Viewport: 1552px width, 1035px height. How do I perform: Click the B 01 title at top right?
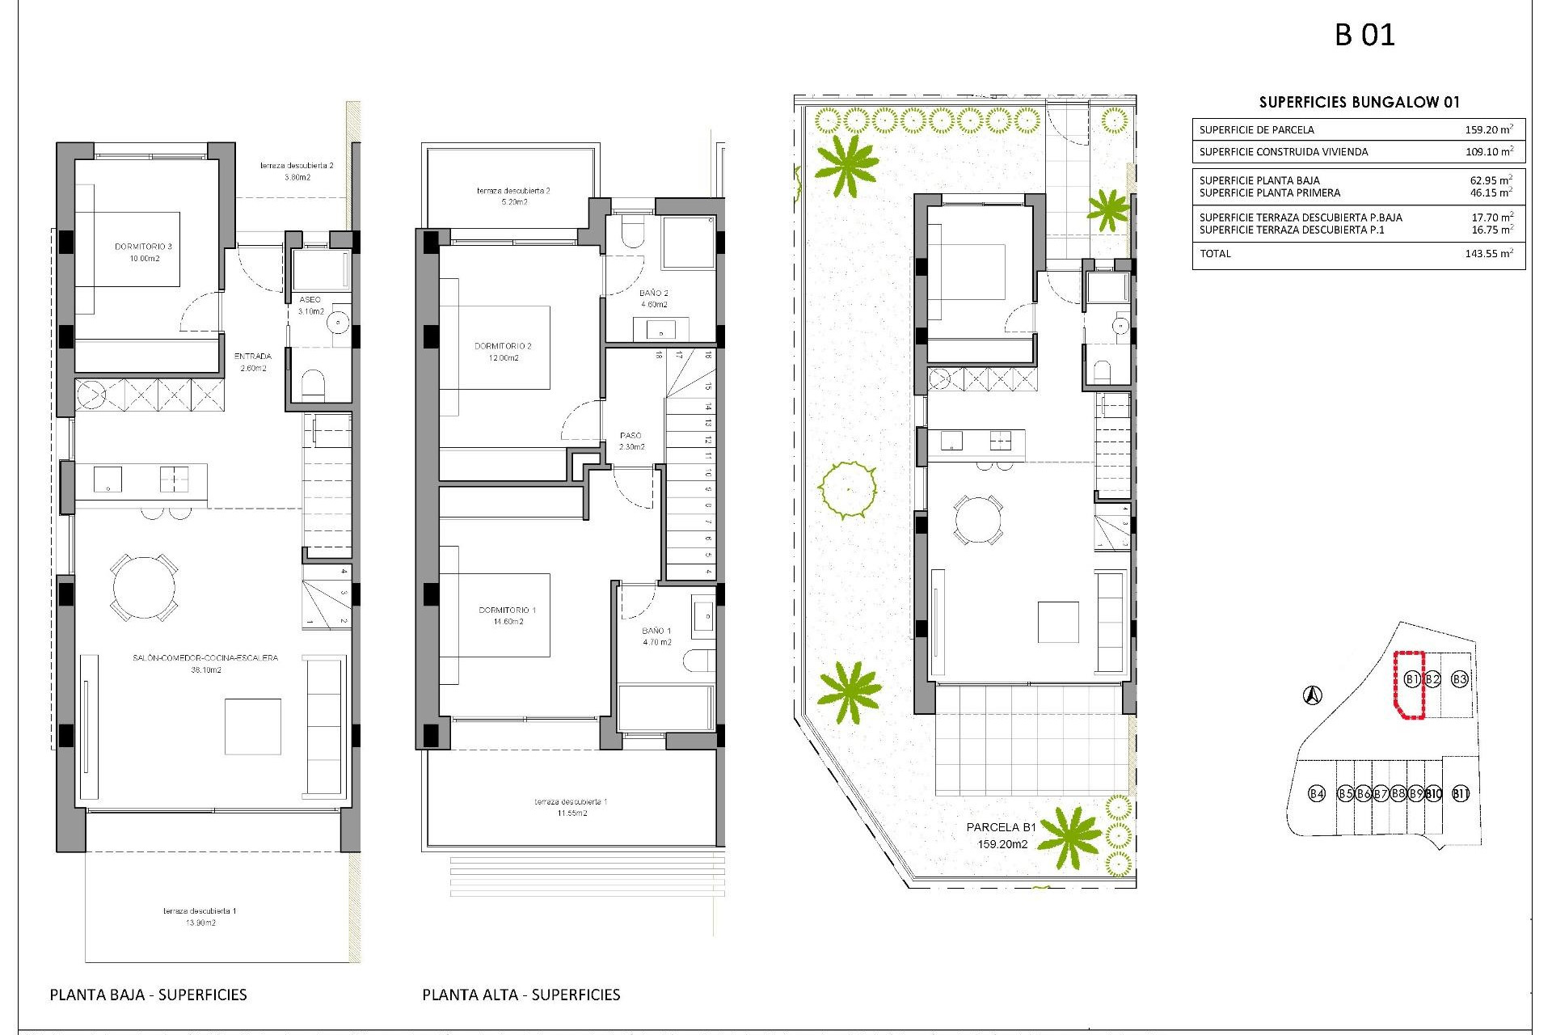pos(1364,36)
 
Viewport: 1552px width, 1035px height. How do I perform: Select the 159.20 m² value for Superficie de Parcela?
pos(1488,129)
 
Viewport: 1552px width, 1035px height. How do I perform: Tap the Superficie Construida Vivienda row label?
pos(1284,152)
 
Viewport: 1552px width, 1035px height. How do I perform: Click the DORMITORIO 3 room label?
pos(143,247)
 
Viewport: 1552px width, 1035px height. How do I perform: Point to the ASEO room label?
pos(310,300)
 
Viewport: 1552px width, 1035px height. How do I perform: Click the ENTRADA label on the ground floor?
pos(253,357)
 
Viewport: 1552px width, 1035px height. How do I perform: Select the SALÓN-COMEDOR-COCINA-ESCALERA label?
pos(205,658)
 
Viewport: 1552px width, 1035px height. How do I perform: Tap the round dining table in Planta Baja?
pos(144,587)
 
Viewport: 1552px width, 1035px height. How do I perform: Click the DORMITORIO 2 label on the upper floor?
pos(503,346)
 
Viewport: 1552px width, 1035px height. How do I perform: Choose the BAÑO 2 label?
pos(653,294)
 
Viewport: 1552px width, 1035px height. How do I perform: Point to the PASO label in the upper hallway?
pos(630,436)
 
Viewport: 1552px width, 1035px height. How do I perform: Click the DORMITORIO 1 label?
pos(508,610)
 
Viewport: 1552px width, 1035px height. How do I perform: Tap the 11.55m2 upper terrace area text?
pos(571,813)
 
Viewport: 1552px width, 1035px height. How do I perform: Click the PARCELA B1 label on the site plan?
pos(1001,827)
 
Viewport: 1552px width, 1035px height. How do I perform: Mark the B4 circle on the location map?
pos(1317,793)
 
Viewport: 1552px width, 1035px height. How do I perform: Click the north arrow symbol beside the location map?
pos(1313,695)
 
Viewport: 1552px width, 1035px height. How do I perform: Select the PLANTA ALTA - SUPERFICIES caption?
pos(521,995)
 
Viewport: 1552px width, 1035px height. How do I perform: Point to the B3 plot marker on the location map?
pos(1459,679)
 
